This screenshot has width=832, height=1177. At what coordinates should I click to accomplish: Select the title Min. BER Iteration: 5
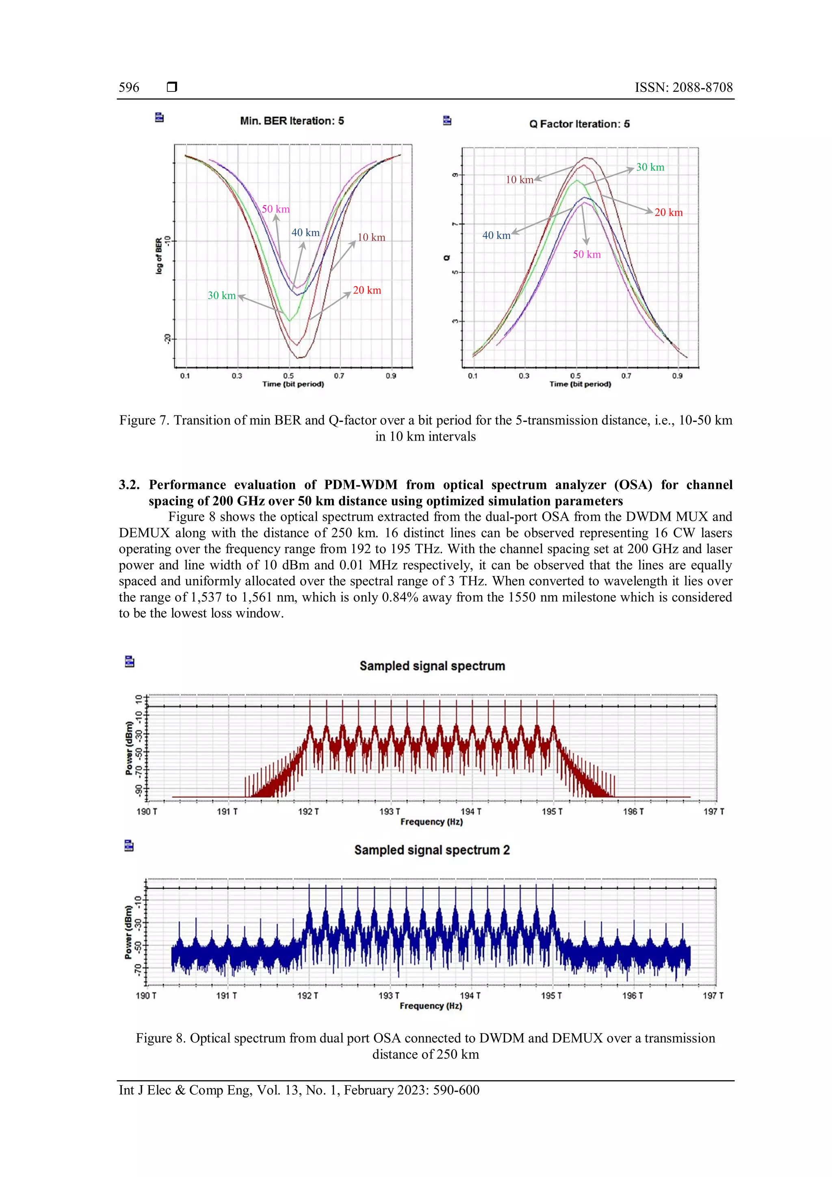(x=292, y=121)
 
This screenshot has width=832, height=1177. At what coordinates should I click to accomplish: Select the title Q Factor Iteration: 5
(x=579, y=124)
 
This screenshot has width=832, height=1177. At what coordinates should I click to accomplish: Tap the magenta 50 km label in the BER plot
(x=275, y=209)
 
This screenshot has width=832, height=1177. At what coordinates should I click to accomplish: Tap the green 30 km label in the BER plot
(x=221, y=296)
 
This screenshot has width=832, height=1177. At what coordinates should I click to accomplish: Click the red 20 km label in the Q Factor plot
(x=669, y=213)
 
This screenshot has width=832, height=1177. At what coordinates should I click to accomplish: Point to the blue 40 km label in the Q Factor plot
(x=496, y=236)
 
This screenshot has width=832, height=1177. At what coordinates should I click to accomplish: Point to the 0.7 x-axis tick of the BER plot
(x=339, y=376)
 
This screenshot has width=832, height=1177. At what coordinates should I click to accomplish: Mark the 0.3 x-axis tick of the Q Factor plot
(x=524, y=376)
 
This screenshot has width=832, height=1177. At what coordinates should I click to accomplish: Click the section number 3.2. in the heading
(x=129, y=485)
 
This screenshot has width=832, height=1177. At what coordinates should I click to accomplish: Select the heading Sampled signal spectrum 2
(x=432, y=850)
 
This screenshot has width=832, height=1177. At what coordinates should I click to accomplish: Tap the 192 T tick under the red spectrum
(x=308, y=812)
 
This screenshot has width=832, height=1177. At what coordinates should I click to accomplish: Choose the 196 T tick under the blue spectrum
(x=632, y=995)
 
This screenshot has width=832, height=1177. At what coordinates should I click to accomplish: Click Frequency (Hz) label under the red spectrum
(x=431, y=822)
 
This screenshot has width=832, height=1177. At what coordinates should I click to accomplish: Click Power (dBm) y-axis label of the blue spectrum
(x=129, y=932)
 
